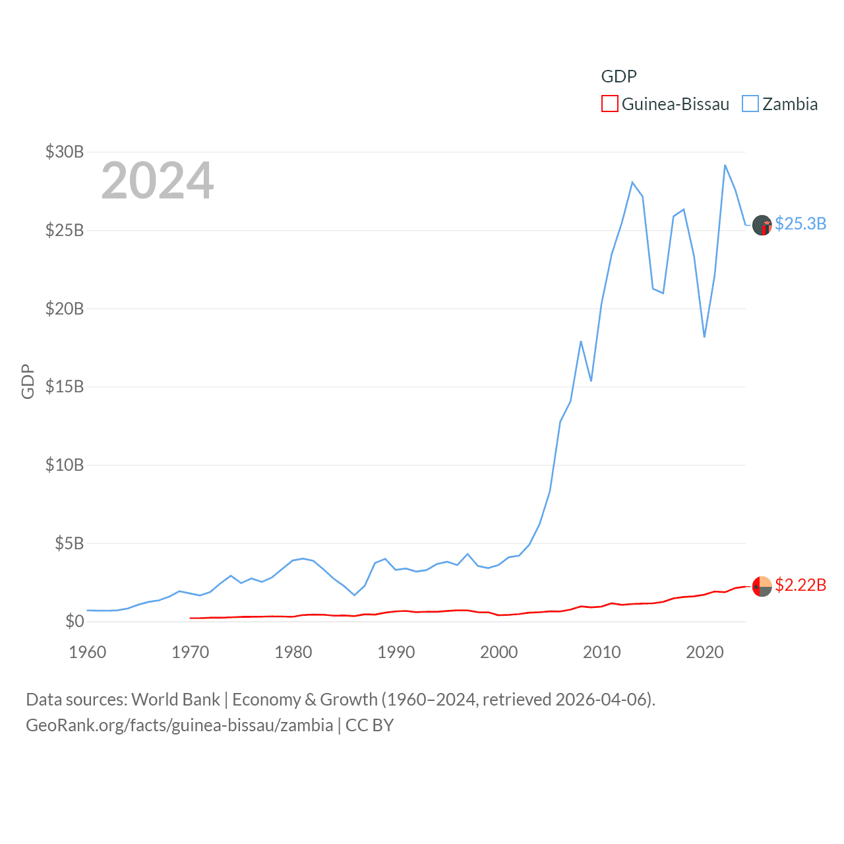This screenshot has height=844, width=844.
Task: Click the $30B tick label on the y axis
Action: tap(65, 152)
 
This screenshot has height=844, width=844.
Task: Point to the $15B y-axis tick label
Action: tap(65, 386)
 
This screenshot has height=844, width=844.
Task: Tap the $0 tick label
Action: tap(75, 621)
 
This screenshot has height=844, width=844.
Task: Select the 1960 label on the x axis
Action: tap(88, 652)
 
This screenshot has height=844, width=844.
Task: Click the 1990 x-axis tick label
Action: tap(396, 652)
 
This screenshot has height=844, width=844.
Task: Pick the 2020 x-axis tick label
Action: tap(705, 652)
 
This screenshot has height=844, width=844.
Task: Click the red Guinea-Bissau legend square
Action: tap(610, 104)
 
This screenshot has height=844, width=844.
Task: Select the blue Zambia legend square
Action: tap(750, 104)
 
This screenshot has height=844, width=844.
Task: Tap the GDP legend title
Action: tap(618, 76)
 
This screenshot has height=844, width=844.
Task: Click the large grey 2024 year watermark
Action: tap(158, 180)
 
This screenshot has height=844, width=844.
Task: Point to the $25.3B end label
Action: tap(800, 224)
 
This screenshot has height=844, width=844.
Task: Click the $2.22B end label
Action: tap(800, 585)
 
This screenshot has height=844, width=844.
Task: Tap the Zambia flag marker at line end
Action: tap(762, 225)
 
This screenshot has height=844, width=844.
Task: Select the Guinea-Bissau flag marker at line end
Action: tap(762, 586)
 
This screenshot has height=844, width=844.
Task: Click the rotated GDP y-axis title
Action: tap(28, 381)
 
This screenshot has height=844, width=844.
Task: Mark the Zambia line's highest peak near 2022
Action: tap(725, 165)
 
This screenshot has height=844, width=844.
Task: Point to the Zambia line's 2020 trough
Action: tap(704, 337)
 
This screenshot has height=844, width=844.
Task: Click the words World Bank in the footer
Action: tap(176, 699)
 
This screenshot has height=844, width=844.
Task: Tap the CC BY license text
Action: tap(369, 725)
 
